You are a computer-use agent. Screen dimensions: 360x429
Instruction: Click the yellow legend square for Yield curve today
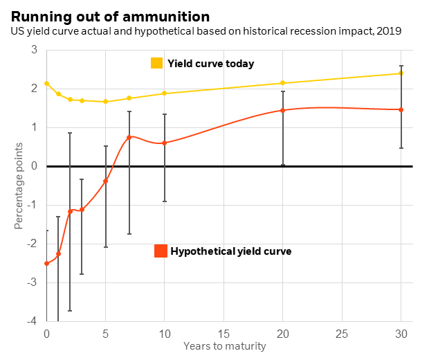[157, 63]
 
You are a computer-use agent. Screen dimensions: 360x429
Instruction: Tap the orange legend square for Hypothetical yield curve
[161, 251]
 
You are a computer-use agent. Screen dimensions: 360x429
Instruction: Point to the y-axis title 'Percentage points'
[19, 186]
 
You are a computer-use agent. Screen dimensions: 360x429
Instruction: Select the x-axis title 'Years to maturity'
[224, 346]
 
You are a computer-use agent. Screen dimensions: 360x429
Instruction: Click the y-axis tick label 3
[34, 50]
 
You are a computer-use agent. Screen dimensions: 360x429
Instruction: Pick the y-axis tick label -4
[32, 321]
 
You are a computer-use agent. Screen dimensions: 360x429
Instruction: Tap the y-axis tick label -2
[32, 244]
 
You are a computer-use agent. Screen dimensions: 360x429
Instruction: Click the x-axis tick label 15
[223, 333]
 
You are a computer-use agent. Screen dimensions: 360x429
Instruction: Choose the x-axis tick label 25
[342, 333]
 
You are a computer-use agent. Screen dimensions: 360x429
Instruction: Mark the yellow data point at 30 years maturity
[401, 73]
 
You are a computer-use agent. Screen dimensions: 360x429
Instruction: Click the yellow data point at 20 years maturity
[283, 83]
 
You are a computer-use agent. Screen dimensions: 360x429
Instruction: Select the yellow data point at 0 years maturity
[46, 83]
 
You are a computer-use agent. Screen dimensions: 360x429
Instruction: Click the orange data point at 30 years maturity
[401, 109]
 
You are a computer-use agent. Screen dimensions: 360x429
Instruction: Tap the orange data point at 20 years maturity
[283, 110]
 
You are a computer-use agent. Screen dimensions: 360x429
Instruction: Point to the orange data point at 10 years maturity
[165, 143]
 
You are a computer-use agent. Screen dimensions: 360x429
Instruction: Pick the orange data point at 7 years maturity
[129, 137]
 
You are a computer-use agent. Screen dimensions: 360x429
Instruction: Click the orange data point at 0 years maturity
[46, 263]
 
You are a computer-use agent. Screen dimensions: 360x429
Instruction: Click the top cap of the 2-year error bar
[70, 133]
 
